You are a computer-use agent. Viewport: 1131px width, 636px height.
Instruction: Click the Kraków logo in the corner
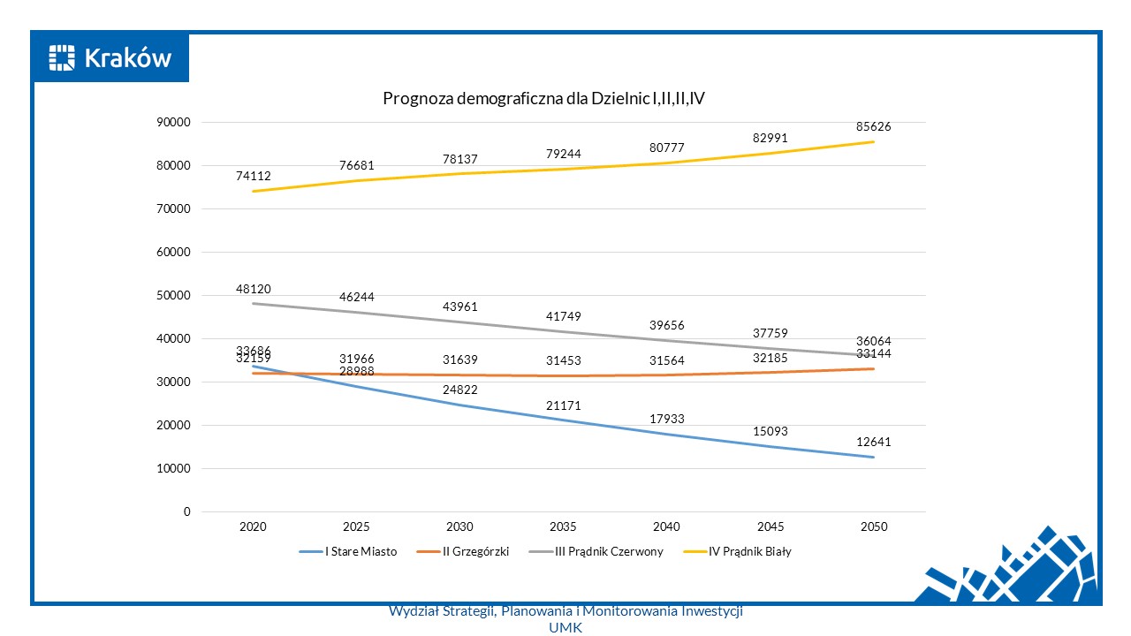[x=111, y=58]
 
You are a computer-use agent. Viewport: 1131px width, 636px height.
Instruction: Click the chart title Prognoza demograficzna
[x=543, y=99]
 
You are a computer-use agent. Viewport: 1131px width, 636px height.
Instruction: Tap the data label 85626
[x=873, y=127]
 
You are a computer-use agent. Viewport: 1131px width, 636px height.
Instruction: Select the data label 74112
[x=253, y=176]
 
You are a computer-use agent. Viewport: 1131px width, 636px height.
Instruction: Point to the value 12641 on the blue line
[x=873, y=442]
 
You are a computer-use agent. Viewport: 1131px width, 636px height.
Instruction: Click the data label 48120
[x=253, y=289]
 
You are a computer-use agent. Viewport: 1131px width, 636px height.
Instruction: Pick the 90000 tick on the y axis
[x=172, y=123]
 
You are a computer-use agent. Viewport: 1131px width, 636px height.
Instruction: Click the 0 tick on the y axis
[x=187, y=511]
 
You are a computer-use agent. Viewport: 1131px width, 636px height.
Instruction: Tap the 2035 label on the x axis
[x=563, y=526]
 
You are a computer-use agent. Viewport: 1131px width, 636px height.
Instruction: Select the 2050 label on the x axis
[x=873, y=526]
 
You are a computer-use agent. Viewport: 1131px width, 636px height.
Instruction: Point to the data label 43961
[x=459, y=307]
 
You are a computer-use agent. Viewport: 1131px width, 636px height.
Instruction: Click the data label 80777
[x=666, y=148]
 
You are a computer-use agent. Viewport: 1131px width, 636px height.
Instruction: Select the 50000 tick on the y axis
[x=172, y=296]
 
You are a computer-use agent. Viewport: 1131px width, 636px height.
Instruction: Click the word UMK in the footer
[x=565, y=627]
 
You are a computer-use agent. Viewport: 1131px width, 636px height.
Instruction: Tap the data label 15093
[x=770, y=431]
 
